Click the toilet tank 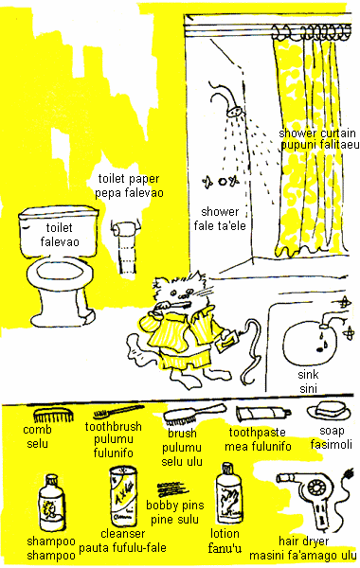pyautogui.click(x=58, y=231)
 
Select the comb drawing pyautogui.click(x=53, y=416)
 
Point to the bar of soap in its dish pyautogui.click(x=329, y=411)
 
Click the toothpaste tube pyautogui.click(x=262, y=413)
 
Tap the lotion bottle pyautogui.click(x=229, y=494)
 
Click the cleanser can pyautogui.click(x=123, y=497)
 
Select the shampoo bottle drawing pyautogui.click(x=52, y=503)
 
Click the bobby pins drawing pyautogui.click(x=172, y=489)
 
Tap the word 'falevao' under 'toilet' pyautogui.click(x=60, y=241)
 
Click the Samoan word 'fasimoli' pyautogui.click(x=331, y=444)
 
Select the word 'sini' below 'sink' pyautogui.click(x=309, y=389)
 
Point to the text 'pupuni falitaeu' pyautogui.click(x=320, y=145)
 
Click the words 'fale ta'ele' pyautogui.click(x=220, y=225)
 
